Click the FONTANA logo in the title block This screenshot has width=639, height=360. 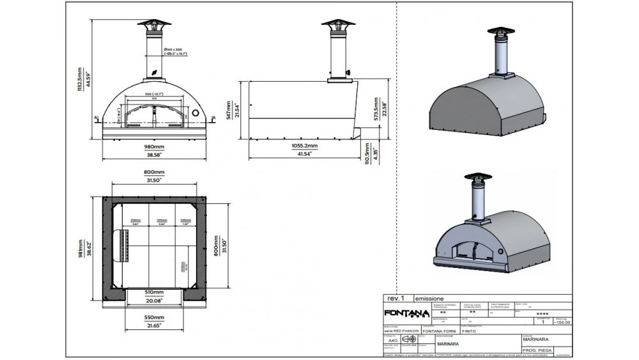coord(406,313)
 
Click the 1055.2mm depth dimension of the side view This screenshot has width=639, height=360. coord(305,146)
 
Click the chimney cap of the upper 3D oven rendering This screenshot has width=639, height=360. coord(499,34)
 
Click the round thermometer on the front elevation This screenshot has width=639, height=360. coord(196,113)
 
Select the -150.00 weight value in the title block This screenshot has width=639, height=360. coord(562,323)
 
